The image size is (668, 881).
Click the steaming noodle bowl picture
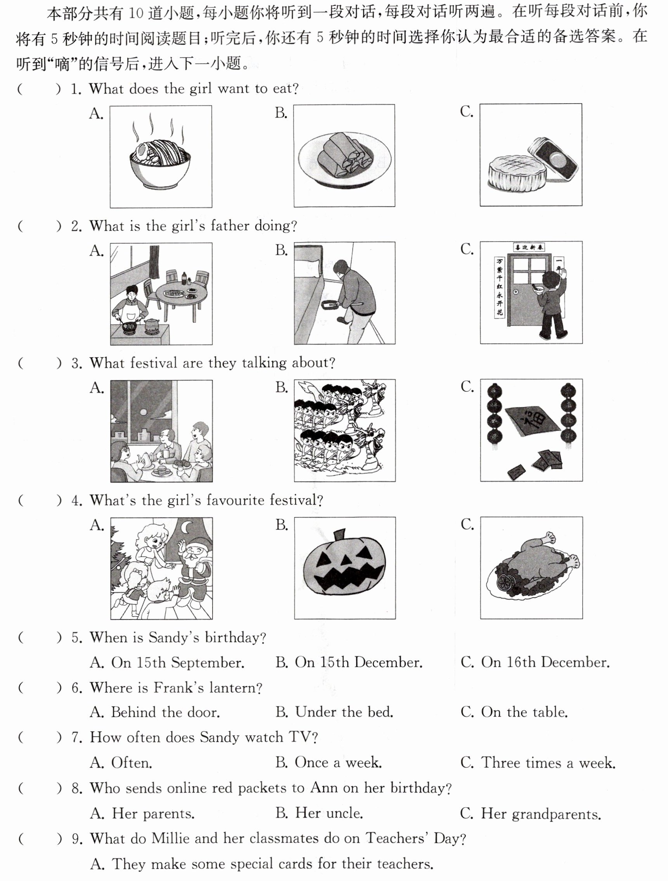[161, 156]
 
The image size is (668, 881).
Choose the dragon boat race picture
[344, 430]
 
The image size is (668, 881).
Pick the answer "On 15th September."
[167, 662]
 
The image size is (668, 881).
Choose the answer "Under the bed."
[335, 712]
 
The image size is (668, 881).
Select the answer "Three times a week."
[538, 762]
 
